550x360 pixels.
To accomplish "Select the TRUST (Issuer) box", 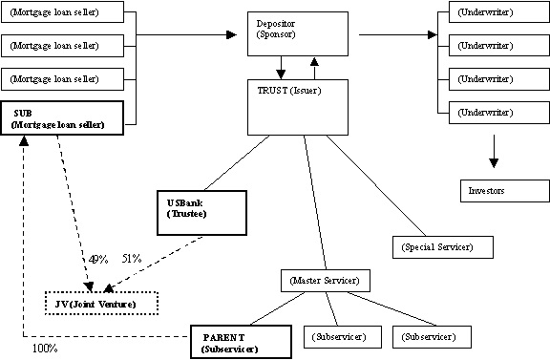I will (297, 106).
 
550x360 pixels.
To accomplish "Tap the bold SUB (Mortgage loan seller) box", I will (63, 118).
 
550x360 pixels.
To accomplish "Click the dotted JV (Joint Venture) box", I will (100, 303).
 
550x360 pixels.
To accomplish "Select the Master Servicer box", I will (324, 280).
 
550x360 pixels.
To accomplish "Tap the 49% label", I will (97, 259).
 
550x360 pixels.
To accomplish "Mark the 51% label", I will (132, 259).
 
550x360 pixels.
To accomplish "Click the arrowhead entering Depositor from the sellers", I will (229, 35).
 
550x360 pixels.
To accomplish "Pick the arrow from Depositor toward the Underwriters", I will (391, 35).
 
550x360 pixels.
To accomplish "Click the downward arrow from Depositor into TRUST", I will (281, 68).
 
